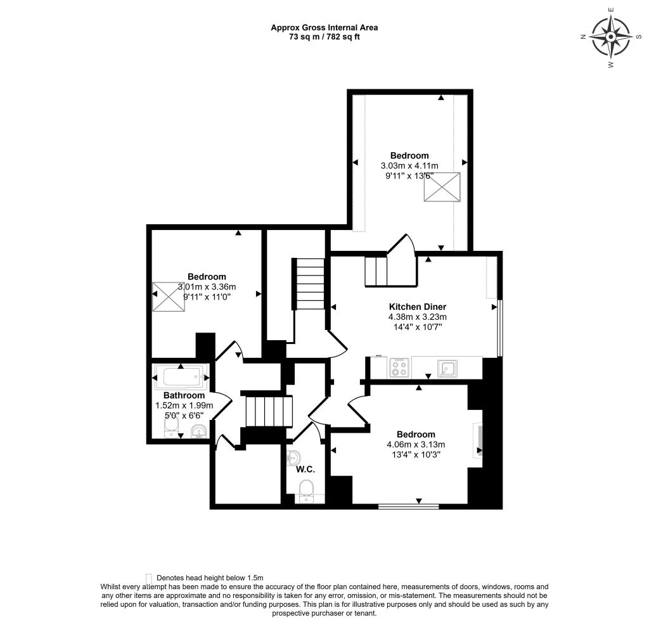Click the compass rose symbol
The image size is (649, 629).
click(610, 37)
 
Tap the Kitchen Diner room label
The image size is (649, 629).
click(418, 307)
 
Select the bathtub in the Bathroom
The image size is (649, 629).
click(183, 378)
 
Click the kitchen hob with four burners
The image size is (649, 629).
click(399, 367)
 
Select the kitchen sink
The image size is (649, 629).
click(449, 367)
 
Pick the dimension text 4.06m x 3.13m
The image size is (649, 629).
click(416, 444)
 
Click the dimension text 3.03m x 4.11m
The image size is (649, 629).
click(409, 166)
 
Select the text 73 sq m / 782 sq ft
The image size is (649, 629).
click(324, 37)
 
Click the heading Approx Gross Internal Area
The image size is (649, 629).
click(324, 27)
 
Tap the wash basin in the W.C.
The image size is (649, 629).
click(293, 457)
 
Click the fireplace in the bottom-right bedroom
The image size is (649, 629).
click(479, 441)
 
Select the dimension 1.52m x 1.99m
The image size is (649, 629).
click(184, 405)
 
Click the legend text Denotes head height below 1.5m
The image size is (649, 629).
click(209, 578)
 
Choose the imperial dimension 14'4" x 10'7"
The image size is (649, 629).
click(418, 327)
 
